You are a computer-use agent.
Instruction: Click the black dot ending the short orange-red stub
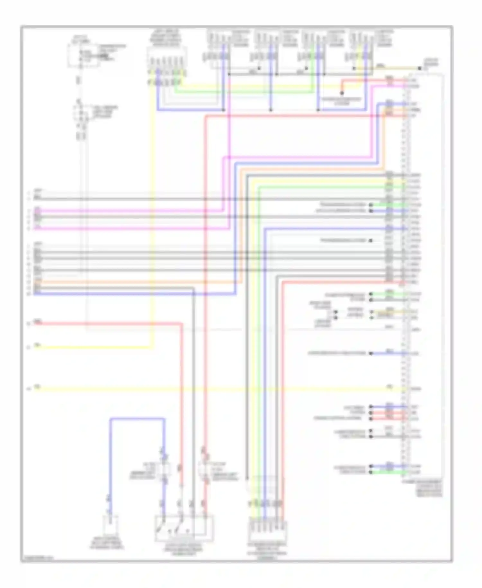click(342, 93)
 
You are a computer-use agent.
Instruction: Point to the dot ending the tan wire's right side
click(419, 69)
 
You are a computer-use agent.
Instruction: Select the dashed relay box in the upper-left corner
click(83, 56)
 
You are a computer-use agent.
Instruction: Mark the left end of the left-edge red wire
click(35, 323)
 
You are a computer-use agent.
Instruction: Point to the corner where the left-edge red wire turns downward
click(182, 324)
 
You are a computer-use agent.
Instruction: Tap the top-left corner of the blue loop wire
click(110, 419)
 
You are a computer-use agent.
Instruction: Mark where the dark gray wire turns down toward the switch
click(194, 289)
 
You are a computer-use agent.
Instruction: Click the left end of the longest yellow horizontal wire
click(35, 389)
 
